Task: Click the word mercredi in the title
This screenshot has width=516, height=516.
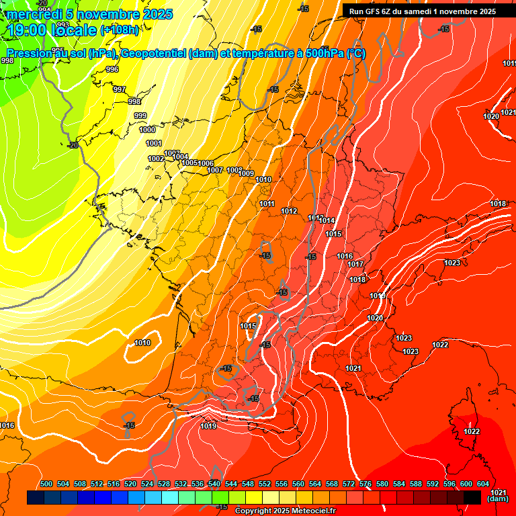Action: tap(33, 14)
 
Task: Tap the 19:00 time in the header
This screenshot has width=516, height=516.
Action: tap(26, 30)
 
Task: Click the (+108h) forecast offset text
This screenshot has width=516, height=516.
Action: tap(119, 30)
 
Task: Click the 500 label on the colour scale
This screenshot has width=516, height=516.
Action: tap(46, 484)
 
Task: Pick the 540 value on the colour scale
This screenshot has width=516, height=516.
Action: tap(214, 484)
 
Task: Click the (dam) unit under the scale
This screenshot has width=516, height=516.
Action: tap(497, 499)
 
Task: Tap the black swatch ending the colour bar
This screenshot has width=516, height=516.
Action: tap(472, 497)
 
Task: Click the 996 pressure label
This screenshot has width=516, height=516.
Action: tap(112, 69)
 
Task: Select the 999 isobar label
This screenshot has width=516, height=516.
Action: tap(140, 116)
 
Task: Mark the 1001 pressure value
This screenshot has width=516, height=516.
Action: tap(154, 143)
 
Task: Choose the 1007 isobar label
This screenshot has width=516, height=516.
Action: tap(215, 170)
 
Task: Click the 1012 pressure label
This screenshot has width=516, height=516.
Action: tap(289, 211)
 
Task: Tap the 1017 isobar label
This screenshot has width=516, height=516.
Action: tap(355, 264)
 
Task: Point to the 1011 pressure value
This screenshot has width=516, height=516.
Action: tap(267, 204)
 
